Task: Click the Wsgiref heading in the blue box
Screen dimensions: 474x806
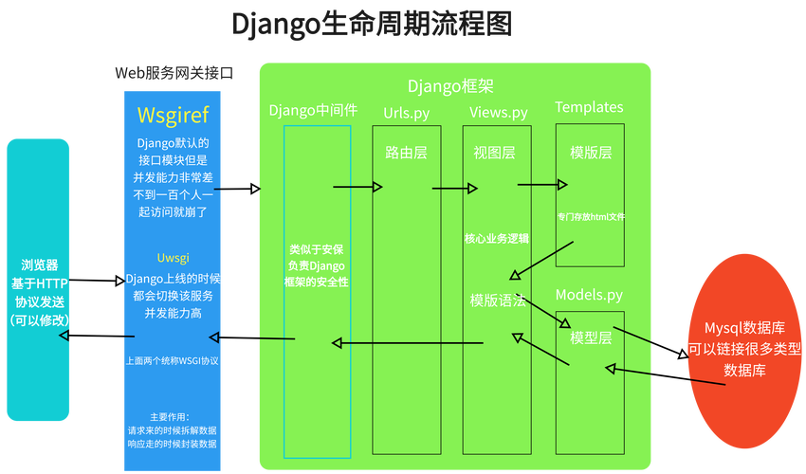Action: pyautogui.click(x=173, y=116)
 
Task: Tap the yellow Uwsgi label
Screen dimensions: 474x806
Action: pyautogui.click(x=173, y=258)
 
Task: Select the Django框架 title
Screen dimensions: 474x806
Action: pyautogui.click(x=450, y=86)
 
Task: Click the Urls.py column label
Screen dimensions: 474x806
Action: pyautogui.click(x=406, y=113)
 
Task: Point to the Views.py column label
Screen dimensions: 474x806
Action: pyautogui.click(x=499, y=113)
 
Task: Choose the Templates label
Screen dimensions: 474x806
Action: pyautogui.click(x=589, y=107)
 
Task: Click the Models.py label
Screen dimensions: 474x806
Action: pyautogui.click(x=589, y=295)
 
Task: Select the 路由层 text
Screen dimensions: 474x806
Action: pyautogui.click(x=406, y=153)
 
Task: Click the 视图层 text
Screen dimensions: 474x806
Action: pyautogui.click(x=495, y=153)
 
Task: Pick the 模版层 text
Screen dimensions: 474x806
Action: pyautogui.click(x=590, y=153)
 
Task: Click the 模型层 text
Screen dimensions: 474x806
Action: pyautogui.click(x=590, y=337)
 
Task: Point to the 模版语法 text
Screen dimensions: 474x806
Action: pyautogui.click(x=498, y=300)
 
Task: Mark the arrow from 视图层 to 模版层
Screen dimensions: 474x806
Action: pyautogui.click(x=541, y=184)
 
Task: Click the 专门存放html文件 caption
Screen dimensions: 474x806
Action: pyautogui.click(x=590, y=217)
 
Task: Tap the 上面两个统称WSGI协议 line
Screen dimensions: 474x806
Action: pyautogui.click(x=173, y=360)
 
